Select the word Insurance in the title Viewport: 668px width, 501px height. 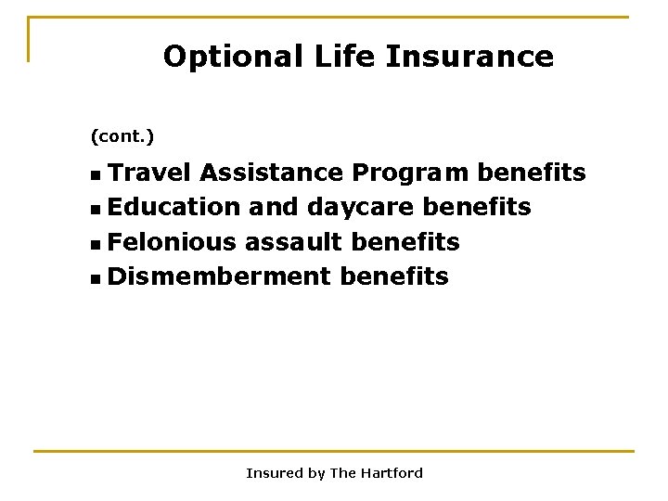tap(469, 58)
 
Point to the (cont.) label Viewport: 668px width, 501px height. tap(122, 137)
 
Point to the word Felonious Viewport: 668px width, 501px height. tap(172, 241)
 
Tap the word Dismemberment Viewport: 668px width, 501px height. tap(219, 276)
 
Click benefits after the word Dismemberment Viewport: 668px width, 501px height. tap(394, 276)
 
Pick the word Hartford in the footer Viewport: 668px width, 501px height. tap(391, 473)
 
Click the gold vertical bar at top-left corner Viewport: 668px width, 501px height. tap(29, 39)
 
